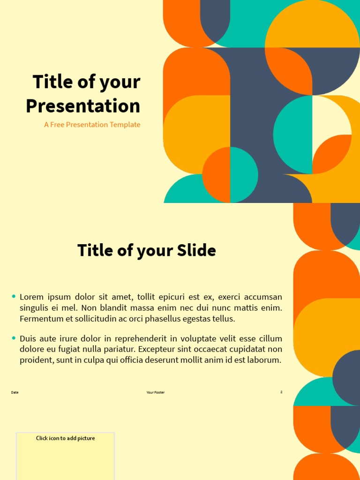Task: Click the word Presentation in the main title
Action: [83, 106]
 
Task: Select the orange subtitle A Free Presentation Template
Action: [92, 125]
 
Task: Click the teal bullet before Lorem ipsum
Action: [14, 296]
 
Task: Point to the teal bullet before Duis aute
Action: [14, 338]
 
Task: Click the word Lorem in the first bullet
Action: [30, 297]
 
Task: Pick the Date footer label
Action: [15, 392]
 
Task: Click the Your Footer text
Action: [156, 392]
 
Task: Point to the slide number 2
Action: [281, 392]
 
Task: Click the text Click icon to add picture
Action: [66, 438]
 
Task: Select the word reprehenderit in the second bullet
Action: [136, 338]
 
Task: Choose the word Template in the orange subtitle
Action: [125, 125]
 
